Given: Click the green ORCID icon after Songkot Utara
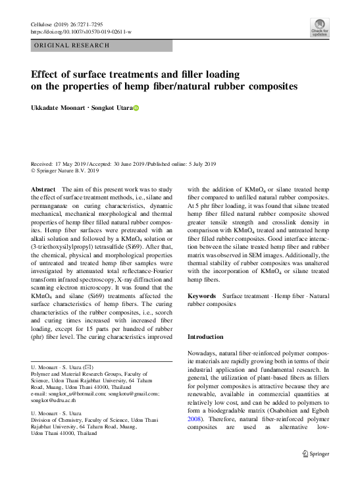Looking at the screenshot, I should click(x=137, y=108).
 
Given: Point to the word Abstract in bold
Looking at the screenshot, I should click(x=43, y=189).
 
